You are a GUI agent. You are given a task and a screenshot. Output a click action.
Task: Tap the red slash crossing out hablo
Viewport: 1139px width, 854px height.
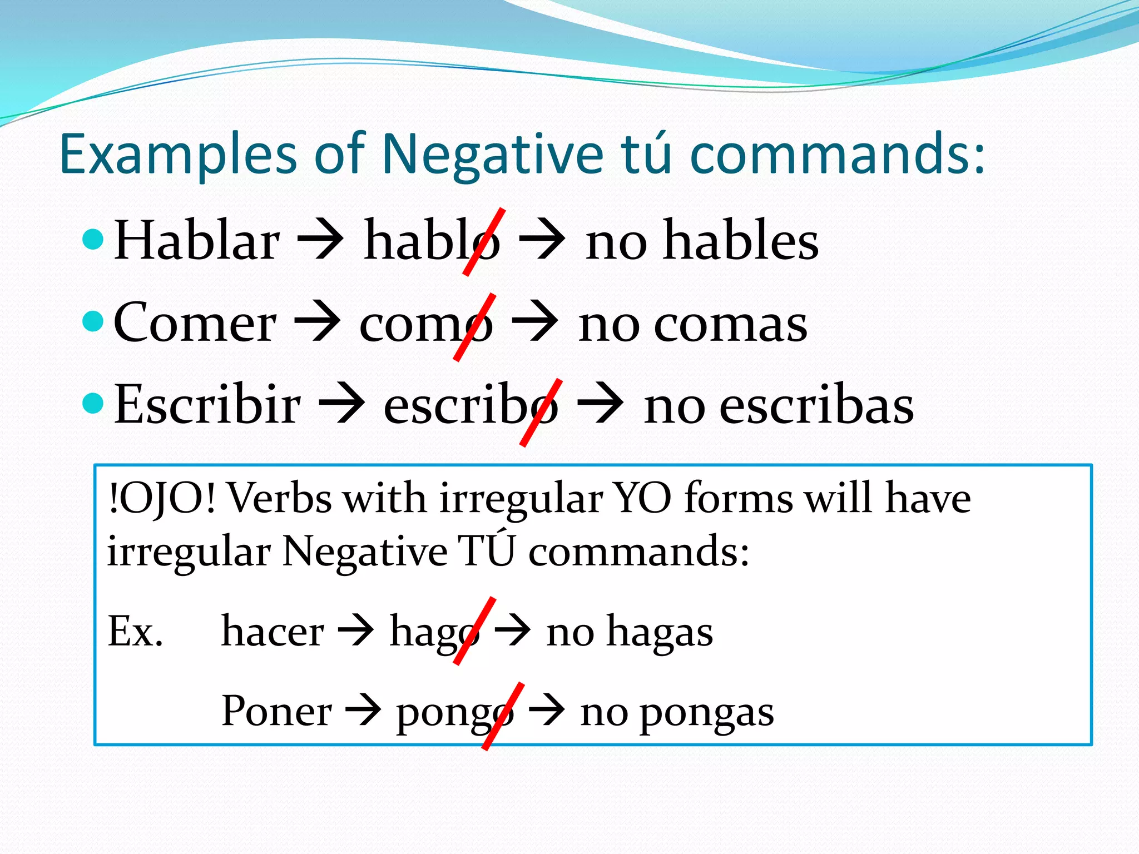[x=484, y=242]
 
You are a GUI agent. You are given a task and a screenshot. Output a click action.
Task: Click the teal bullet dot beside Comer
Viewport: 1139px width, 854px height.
[x=93, y=321]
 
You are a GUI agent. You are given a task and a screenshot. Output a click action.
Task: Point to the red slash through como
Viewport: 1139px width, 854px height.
[x=474, y=327]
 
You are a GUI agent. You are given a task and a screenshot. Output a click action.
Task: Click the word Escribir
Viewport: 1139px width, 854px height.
[x=207, y=405]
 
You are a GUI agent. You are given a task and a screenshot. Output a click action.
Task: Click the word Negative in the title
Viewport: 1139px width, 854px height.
[x=493, y=154]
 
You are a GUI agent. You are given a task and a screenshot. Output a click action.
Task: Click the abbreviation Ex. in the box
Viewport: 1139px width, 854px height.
[x=136, y=632]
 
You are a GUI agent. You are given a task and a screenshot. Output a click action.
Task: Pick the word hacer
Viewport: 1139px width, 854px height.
[x=273, y=632]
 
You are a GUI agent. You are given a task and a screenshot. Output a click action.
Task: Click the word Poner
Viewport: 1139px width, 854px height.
[x=276, y=711]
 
